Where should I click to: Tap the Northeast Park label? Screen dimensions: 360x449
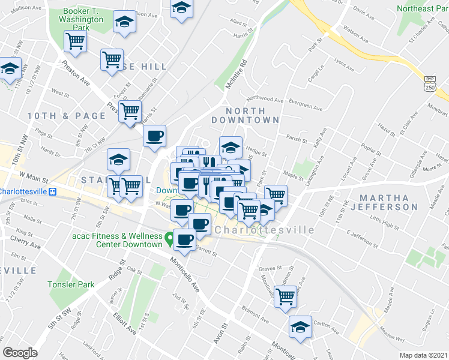tap(423, 8)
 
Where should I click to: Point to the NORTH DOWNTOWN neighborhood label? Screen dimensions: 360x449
tap(253, 115)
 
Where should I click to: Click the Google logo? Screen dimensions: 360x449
tap(20, 353)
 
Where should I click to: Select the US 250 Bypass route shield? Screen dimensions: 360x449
tap(430, 84)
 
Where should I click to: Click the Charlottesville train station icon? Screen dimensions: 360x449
tap(53, 192)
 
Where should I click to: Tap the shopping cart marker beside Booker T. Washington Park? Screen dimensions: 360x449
tap(76, 41)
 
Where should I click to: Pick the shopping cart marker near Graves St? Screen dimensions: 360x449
tap(286, 296)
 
